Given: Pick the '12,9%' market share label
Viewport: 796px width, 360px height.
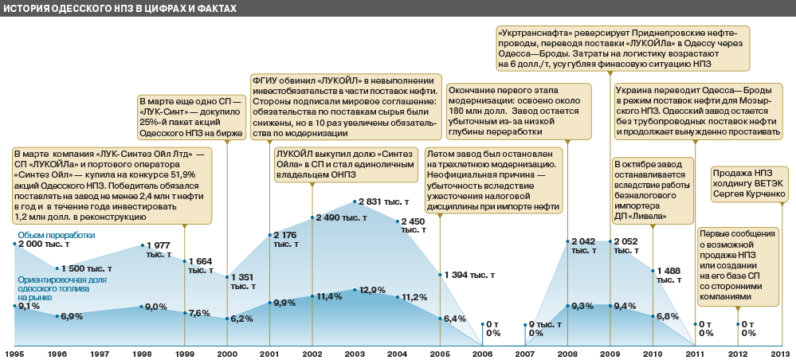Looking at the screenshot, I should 373,290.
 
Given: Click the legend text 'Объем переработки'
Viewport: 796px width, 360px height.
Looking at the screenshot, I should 57,235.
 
